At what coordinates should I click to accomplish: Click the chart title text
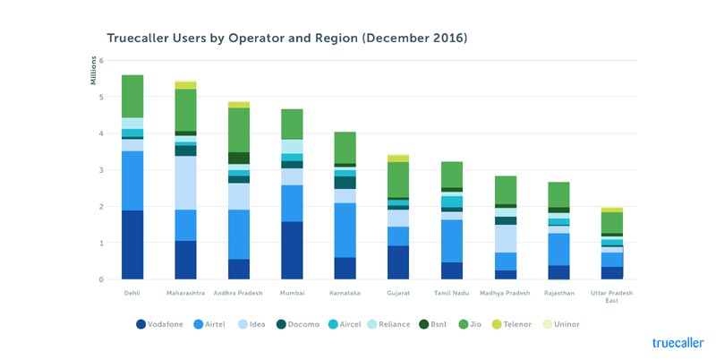point(286,39)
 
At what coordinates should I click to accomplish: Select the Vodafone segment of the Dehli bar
point(132,244)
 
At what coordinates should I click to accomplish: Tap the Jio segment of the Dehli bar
point(132,96)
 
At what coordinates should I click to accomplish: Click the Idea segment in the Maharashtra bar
point(185,183)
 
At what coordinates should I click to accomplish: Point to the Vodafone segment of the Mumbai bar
point(292,250)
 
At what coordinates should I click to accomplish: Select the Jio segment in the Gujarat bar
point(397,179)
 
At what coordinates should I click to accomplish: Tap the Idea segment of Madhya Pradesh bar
point(505,238)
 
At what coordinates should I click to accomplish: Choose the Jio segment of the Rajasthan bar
point(558,194)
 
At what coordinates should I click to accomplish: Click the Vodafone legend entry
point(166,324)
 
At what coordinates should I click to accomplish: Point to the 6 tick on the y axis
point(101,61)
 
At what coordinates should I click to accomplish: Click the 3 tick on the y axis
point(101,170)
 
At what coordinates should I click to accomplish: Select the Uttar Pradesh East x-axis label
point(610,296)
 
